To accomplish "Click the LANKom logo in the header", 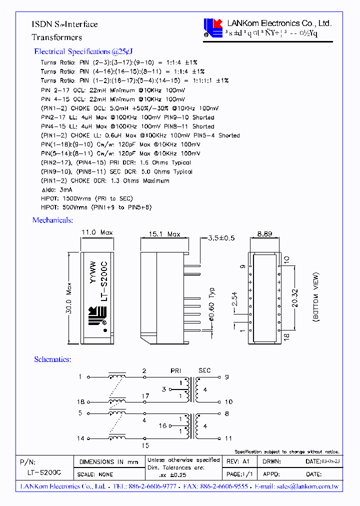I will pyautogui.click(x=213, y=28).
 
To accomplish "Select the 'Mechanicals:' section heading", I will pyautogui.click(x=52, y=220).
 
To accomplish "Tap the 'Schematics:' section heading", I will pyautogui.click(x=52, y=359).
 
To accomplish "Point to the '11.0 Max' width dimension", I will pyautogui.click(x=97, y=232).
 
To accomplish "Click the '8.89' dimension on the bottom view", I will pyautogui.click(x=265, y=233).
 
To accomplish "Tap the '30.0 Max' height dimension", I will pyautogui.click(x=69, y=298).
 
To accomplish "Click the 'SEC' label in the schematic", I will pyautogui.click(x=204, y=370).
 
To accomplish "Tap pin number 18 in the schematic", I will pyautogui.click(x=81, y=402).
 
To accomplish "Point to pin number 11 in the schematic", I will pyautogui.click(x=228, y=438).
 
